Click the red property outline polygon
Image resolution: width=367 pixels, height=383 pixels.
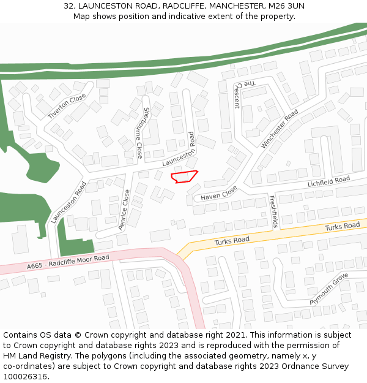(184, 177)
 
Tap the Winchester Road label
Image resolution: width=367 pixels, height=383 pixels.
(280, 129)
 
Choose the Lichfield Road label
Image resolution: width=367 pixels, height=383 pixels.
(328, 181)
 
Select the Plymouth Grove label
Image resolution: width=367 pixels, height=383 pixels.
(328, 290)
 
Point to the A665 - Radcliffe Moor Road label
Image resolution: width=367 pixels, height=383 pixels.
(67, 262)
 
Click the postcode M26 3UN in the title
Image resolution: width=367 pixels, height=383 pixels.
(288, 6)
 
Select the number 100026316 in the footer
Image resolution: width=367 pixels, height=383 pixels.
(25, 376)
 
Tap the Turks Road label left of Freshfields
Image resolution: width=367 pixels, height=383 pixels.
(232, 240)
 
